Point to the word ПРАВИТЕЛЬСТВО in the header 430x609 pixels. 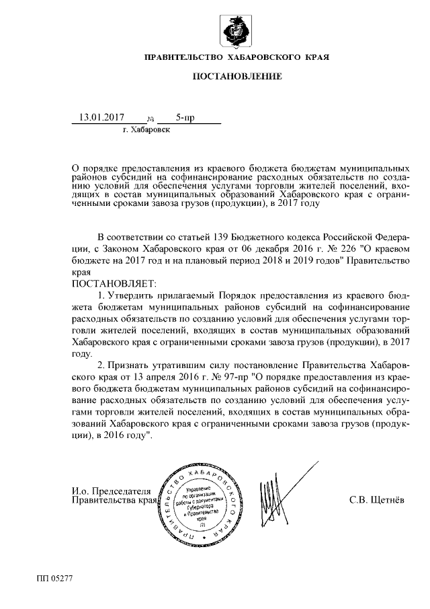click(x=185, y=57)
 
